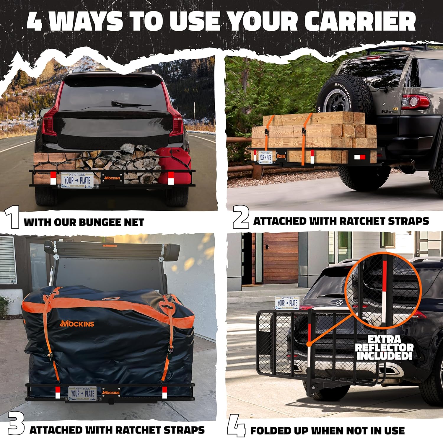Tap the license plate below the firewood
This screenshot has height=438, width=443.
point(77,180)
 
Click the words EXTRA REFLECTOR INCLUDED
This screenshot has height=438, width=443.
point(384,348)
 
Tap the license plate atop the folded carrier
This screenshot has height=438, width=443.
point(287,303)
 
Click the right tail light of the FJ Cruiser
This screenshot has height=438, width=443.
point(415,101)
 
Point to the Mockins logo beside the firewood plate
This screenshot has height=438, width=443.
point(112,178)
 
